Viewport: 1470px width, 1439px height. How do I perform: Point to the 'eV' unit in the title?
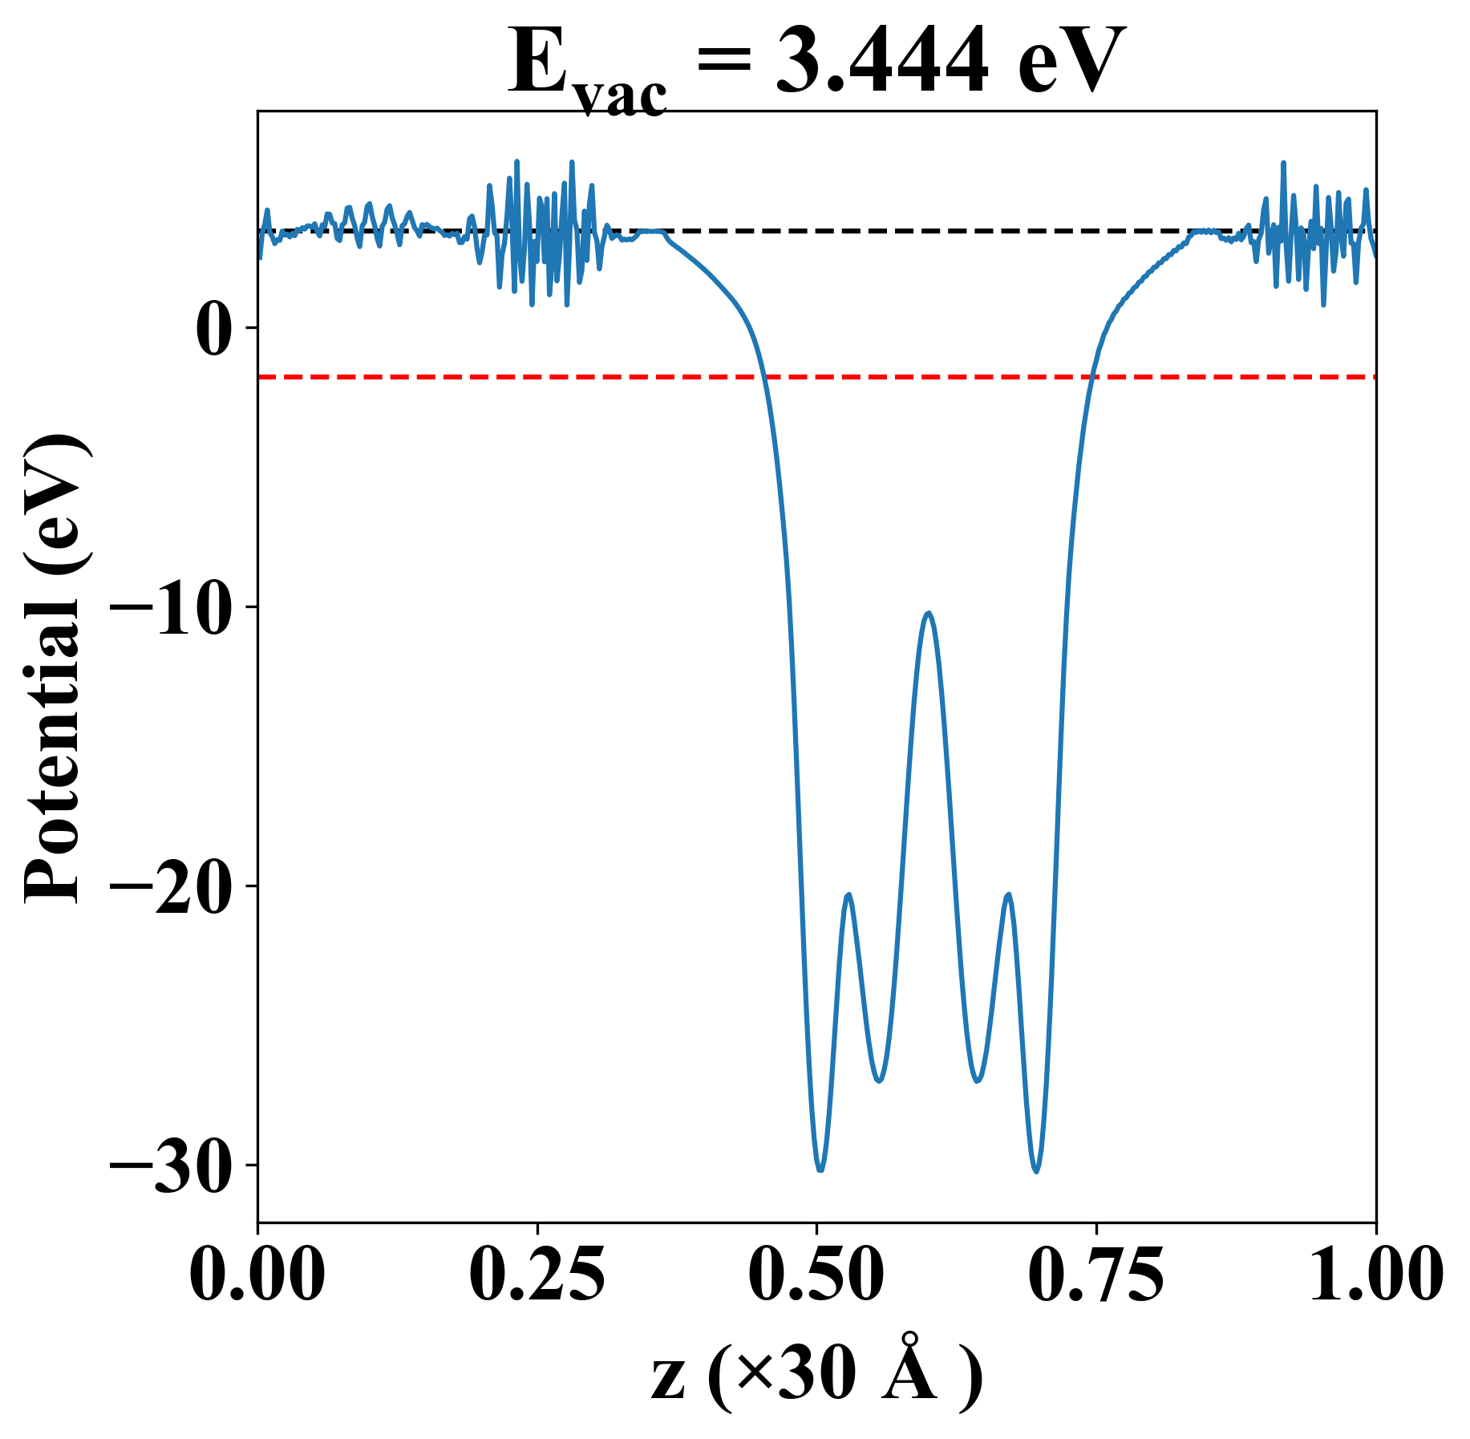coord(1071,63)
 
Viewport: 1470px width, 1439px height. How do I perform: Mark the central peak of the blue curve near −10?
coord(928,613)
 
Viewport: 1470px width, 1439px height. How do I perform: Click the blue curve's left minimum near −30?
coord(820,1169)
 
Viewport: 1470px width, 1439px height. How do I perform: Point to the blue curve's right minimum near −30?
coord(1037,1171)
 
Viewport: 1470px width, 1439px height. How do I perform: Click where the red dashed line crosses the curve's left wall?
coord(763,376)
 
